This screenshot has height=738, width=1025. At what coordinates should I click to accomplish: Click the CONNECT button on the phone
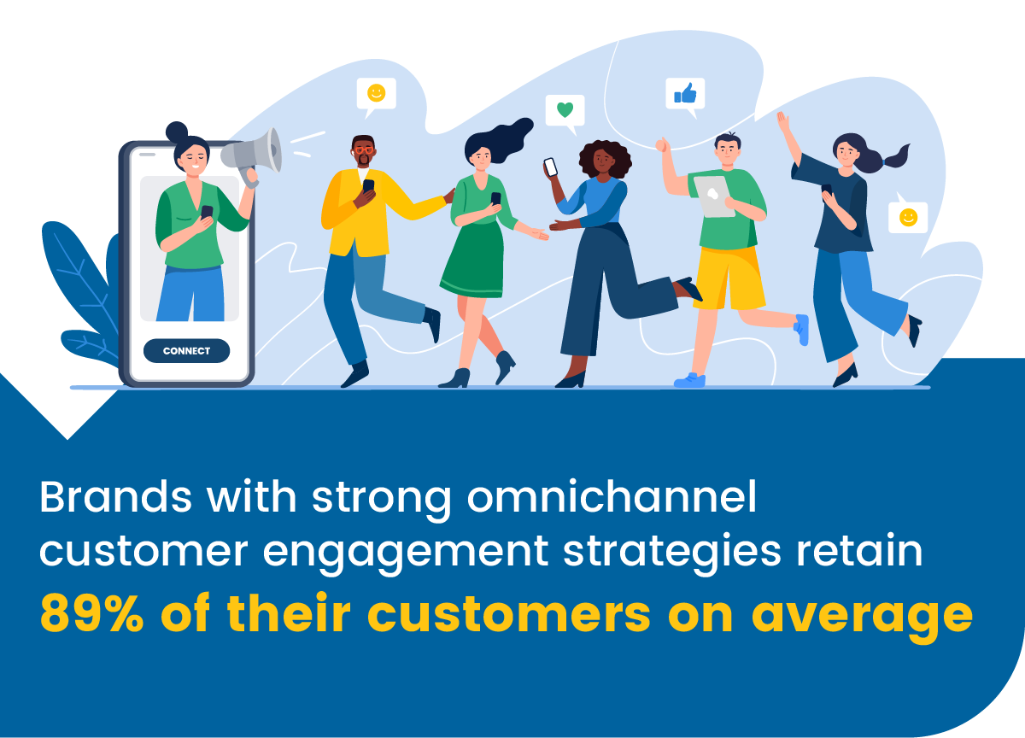[186, 351]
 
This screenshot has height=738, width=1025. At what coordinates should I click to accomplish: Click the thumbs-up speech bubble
[685, 93]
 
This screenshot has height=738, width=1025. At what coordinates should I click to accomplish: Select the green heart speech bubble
[565, 110]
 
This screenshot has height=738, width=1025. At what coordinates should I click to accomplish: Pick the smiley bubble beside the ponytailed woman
[908, 217]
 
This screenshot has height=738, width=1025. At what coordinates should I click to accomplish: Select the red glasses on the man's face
[364, 150]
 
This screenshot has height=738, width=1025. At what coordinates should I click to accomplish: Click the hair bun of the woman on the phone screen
[177, 132]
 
